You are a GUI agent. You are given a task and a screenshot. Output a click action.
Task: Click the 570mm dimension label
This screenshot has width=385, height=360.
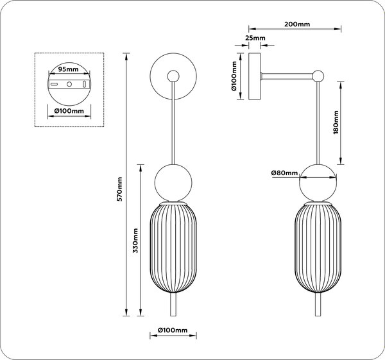(x=119, y=189)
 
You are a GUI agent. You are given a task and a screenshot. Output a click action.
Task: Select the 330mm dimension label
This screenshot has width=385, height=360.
(x=135, y=241)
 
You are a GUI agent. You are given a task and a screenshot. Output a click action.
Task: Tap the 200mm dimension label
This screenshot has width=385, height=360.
(x=297, y=24)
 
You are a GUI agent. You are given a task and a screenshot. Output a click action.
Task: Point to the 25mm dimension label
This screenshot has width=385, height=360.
(x=255, y=38)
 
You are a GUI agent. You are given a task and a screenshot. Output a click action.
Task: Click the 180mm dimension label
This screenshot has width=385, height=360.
(x=336, y=123)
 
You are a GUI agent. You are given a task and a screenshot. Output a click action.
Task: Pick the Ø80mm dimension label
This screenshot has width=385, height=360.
(x=284, y=173)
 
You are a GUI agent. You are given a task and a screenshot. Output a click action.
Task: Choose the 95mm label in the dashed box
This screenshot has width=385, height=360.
(x=68, y=69)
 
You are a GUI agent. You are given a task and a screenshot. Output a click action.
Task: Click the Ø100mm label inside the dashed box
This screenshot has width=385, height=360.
(x=69, y=111)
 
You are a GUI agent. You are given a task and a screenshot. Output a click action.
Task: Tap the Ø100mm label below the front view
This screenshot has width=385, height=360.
(x=173, y=330)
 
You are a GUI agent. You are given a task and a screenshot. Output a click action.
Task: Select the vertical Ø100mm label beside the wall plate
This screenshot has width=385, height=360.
(x=234, y=76)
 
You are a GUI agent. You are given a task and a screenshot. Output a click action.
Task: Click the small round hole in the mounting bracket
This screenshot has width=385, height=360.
(x=69, y=84)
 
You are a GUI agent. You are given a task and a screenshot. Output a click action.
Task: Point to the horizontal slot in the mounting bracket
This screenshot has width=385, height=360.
(x=54, y=84)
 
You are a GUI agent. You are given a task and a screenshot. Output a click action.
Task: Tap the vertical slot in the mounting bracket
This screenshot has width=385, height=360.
(x=85, y=84)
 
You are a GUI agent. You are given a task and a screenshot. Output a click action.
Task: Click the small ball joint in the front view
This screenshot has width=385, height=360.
(x=173, y=76)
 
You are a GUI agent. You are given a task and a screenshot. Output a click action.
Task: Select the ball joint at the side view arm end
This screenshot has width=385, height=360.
(x=318, y=76)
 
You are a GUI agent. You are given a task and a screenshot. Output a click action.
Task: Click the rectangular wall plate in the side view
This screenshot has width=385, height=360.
(x=255, y=76)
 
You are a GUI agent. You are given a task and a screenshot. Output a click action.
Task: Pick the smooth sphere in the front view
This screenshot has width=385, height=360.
(x=173, y=183)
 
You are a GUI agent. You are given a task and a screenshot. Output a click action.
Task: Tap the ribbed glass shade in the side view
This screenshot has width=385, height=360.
(x=318, y=249)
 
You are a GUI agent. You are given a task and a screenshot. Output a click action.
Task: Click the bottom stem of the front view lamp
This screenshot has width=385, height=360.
(x=173, y=305)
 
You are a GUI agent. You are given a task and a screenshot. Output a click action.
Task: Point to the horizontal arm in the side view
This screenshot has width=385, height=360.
(x=287, y=76)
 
